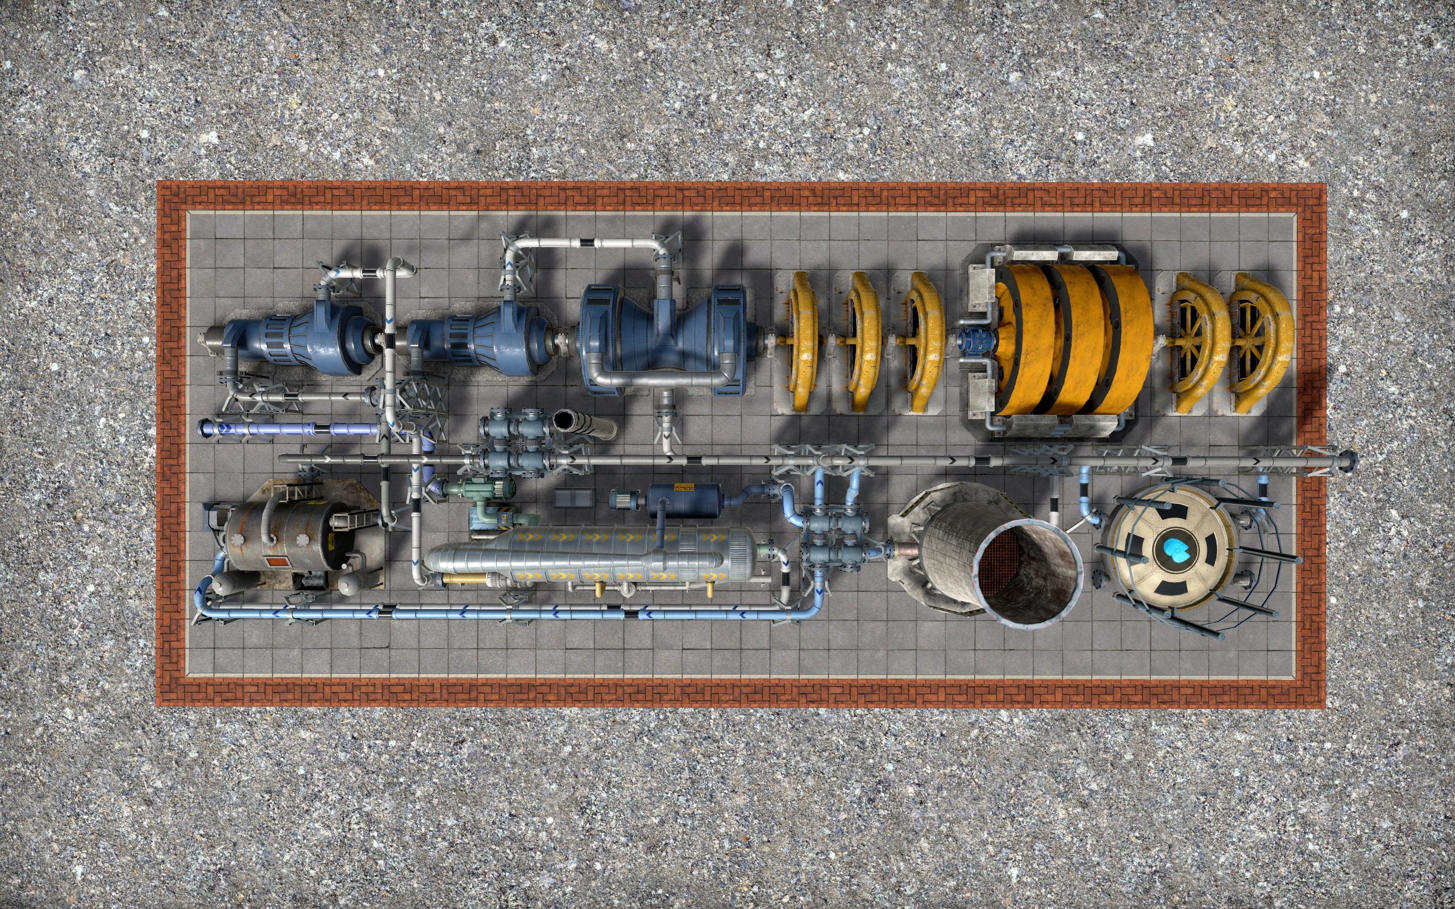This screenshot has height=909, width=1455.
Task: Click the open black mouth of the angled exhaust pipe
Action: (x=566, y=421)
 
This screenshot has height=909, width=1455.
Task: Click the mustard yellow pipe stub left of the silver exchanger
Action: (x=463, y=578)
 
